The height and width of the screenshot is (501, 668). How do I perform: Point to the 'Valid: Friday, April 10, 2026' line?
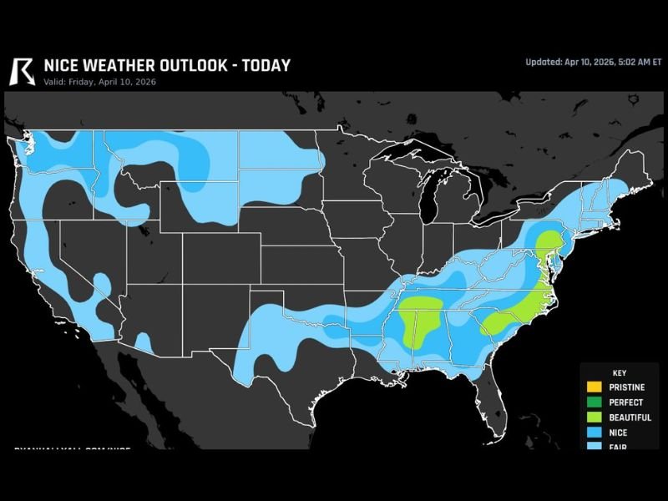(x=99, y=82)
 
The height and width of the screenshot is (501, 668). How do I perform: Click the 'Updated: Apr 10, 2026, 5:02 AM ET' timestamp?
(x=593, y=62)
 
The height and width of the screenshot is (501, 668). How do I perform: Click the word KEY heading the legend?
(x=619, y=373)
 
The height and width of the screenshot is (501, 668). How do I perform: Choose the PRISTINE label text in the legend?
(x=627, y=387)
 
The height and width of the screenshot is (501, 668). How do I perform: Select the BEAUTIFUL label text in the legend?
(x=630, y=417)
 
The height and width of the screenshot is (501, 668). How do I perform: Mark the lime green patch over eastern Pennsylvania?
(x=548, y=245)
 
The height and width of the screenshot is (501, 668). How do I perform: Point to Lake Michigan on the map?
(x=433, y=200)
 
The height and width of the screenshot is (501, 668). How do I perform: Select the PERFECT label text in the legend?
(x=626, y=402)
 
